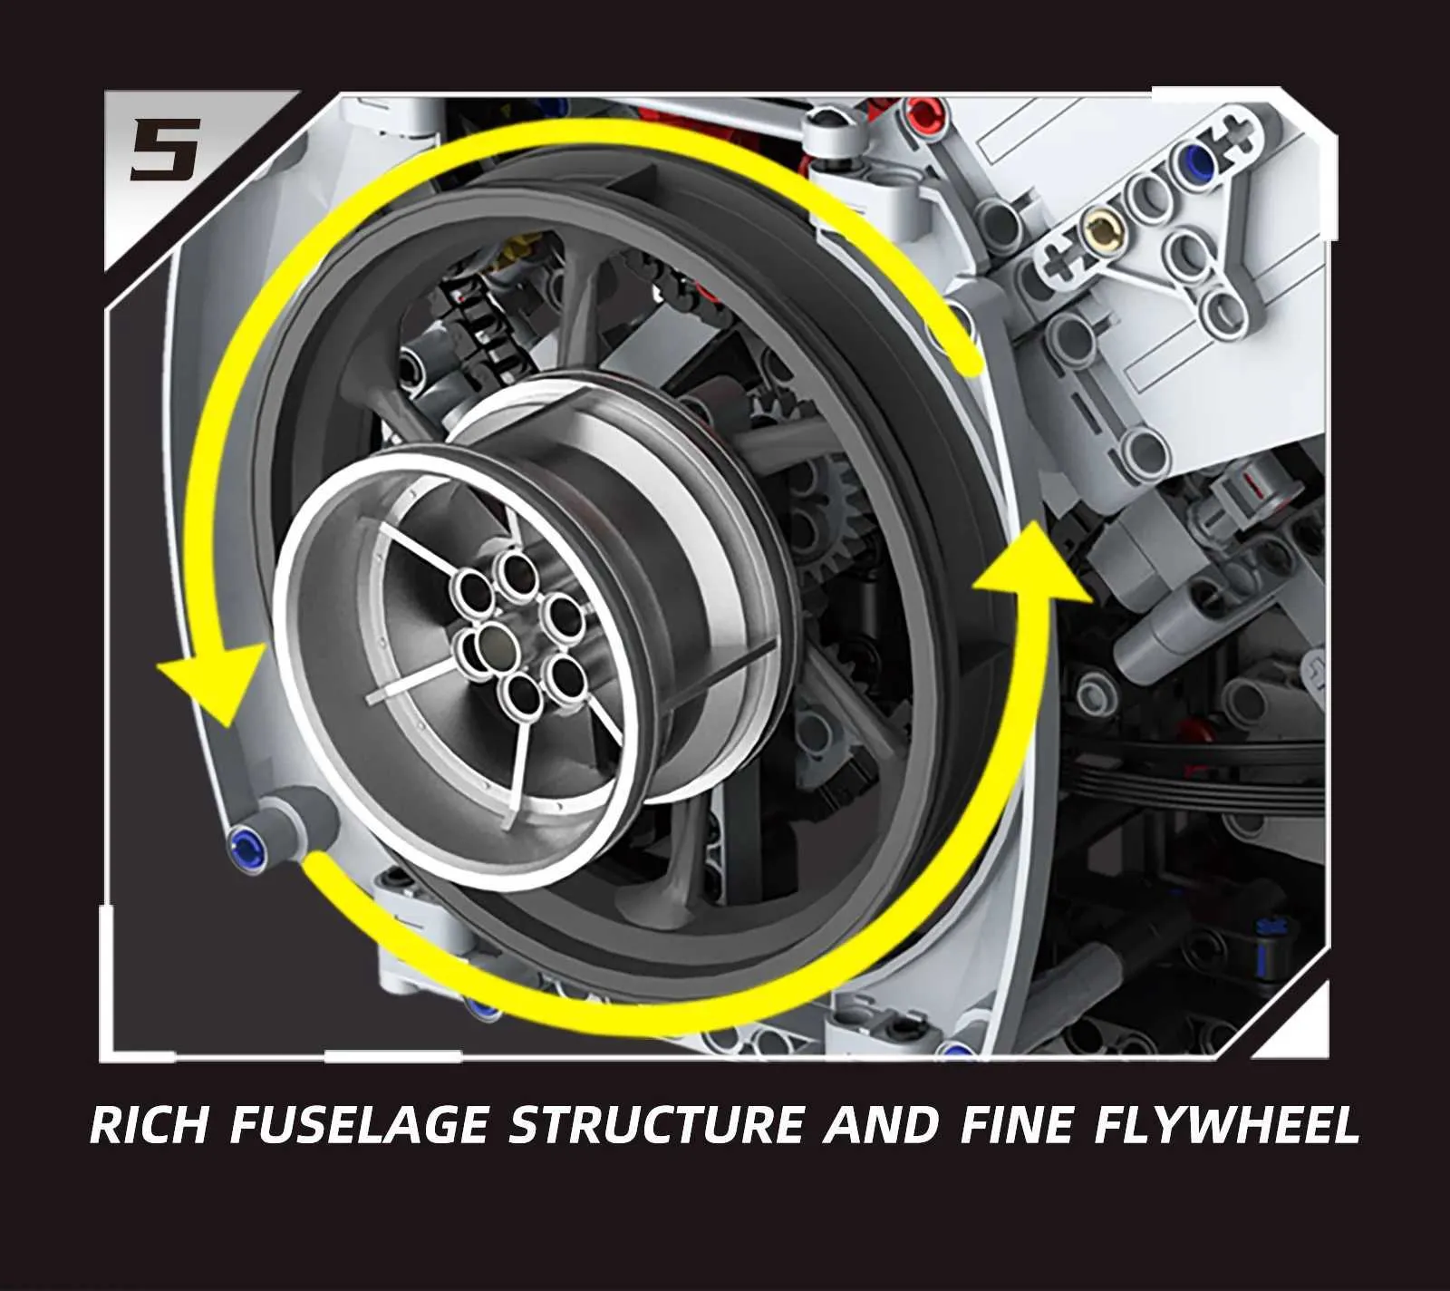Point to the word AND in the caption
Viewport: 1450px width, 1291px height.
tap(882, 1125)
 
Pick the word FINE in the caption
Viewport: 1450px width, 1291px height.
tap(1016, 1125)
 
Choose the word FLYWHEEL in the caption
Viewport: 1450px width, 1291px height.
tap(1228, 1125)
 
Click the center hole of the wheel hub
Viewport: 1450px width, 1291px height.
tap(495, 645)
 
